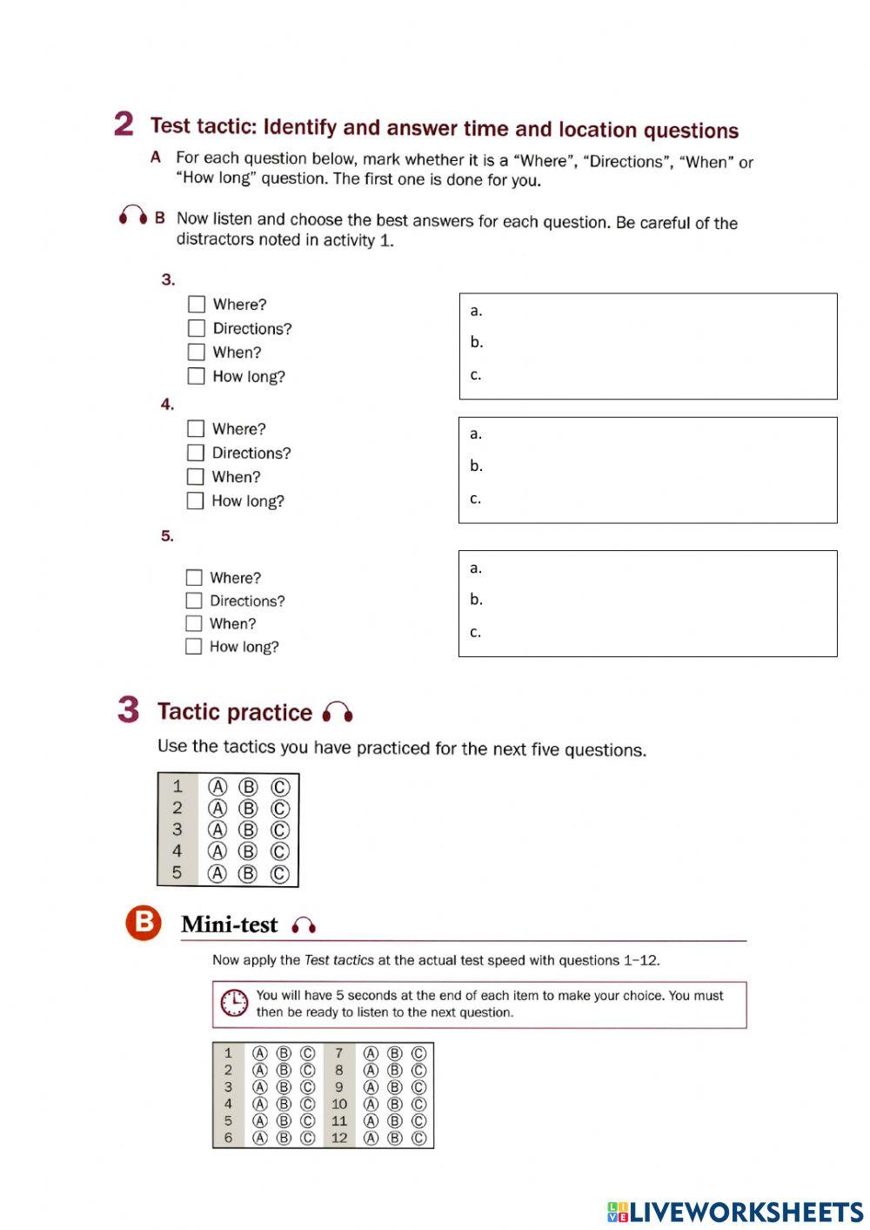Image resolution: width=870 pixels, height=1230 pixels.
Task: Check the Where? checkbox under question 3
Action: pos(197,304)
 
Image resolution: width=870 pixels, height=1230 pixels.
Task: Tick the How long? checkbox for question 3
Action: pos(197,376)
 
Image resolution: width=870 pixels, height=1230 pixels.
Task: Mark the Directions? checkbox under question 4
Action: pos(196,453)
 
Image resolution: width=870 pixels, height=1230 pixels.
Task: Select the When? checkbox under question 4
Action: pos(196,477)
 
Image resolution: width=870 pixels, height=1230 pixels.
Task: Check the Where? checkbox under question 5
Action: pos(194,578)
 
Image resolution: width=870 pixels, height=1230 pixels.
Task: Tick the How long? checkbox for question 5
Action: pos(193,647)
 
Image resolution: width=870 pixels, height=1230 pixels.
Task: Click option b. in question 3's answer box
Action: pos(477,342)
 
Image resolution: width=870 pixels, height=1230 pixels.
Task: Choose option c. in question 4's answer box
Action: pos(476,499)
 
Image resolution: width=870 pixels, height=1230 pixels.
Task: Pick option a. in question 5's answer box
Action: pos(476,568)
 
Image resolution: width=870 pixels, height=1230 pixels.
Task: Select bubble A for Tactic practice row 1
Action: pos(217,787)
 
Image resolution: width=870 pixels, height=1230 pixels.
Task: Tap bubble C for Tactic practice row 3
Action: pos(279,830)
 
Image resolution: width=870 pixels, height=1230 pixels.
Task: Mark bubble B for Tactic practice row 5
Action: pos(248,874)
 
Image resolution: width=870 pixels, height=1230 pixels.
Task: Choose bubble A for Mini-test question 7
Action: pos(371,1053)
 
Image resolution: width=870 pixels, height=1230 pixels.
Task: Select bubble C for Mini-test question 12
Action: pos(418,1138)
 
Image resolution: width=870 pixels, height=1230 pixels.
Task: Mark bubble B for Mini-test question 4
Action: pos(284,1104)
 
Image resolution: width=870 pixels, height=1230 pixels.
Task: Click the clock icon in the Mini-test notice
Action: pos(233,1004)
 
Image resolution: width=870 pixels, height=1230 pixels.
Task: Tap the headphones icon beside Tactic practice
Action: pos(338,713)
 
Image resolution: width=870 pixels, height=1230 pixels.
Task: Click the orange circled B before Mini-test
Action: pos(144,923)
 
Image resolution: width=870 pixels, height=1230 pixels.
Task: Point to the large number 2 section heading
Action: pos(124,124)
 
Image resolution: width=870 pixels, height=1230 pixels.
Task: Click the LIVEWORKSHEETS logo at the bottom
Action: pos(735,1212)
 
